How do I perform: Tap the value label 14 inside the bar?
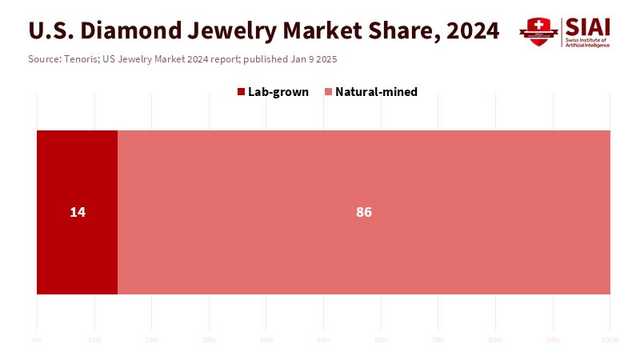78,212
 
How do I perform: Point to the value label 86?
364,212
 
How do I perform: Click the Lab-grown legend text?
278,92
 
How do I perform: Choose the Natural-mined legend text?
376,92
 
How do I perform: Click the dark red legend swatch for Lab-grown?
241,92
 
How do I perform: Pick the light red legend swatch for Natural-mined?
328,92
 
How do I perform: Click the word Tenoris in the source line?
82,59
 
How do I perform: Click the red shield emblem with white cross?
538,31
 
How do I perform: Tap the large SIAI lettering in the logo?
587,26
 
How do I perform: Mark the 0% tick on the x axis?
37,340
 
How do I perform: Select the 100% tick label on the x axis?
610,340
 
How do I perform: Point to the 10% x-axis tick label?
94,340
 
